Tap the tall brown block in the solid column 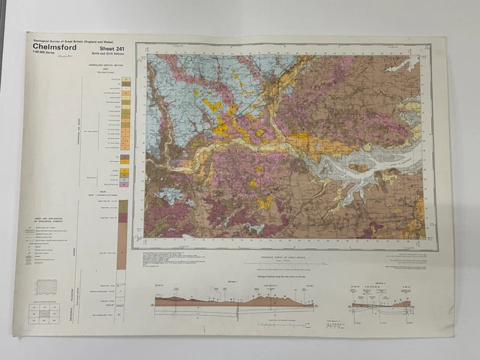pos(121,245)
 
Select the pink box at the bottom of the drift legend pos(125,183)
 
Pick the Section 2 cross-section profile pos(381,304)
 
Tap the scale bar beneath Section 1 pos(277,324)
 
